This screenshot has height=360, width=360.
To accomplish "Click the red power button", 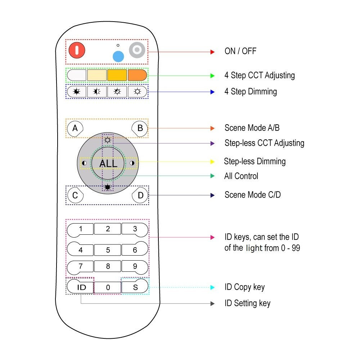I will [x=77, y=50].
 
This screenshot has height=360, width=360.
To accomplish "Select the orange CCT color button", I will [x=138, y=75].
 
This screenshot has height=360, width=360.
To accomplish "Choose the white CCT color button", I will [x=77, y=75].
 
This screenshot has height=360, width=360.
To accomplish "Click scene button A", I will [x=75, y=128].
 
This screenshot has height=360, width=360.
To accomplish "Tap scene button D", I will [x=140, y=195].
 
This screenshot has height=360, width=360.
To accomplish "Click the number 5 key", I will [x=108, y=249].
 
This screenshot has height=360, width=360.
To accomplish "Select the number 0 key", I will [x=108, y=287].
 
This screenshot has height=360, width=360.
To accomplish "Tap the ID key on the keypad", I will [x=81, y=287].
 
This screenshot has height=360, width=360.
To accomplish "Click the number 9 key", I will [x=135, y=267].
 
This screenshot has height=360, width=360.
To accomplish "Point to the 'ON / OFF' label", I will [x=240, y=51].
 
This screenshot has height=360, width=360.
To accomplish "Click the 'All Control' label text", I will [x=241, y=176].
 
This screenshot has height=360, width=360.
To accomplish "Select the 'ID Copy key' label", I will [x=244, y=287].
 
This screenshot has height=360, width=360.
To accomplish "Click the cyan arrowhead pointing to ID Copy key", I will [x=212, y=287].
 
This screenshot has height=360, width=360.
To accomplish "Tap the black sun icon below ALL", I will [x=107, y=187].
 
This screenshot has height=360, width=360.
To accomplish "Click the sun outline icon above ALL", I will [x=107, y=140].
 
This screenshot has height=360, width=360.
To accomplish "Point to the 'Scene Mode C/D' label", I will [x=252, y=195].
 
